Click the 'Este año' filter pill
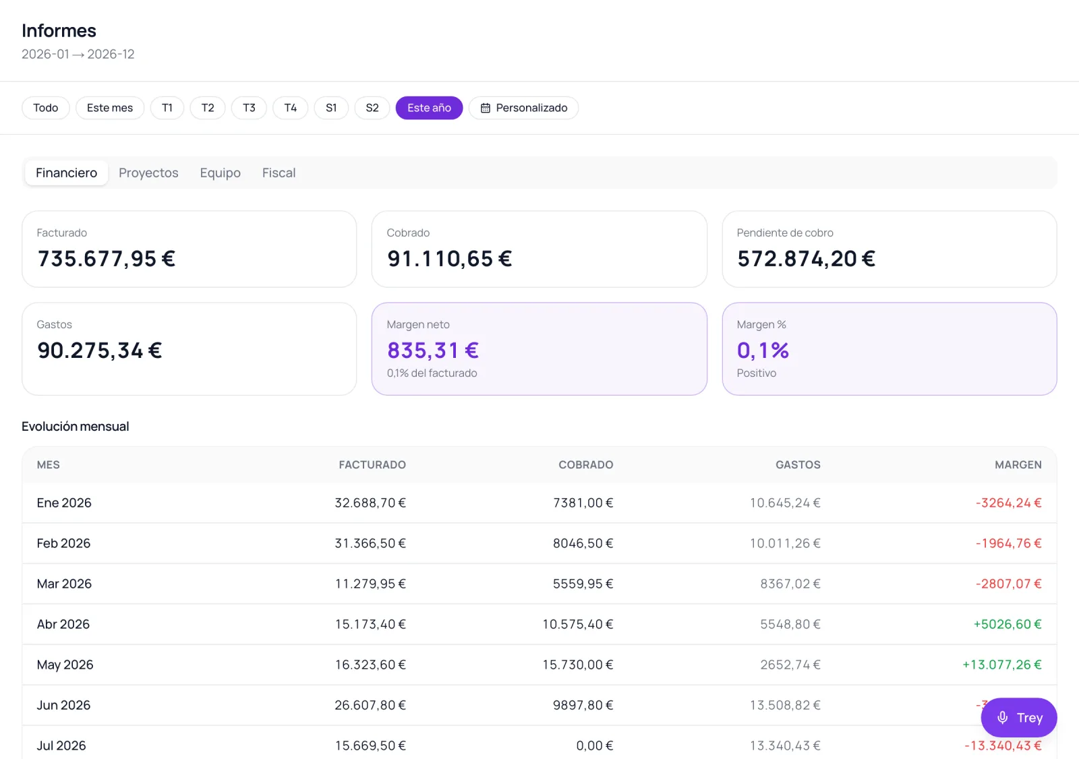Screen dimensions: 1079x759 (429, 107)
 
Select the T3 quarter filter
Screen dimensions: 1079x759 (249, 107)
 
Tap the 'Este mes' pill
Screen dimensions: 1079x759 (110, 107)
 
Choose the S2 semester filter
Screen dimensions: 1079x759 (372, 107)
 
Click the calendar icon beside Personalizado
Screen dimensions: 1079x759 (485, 108)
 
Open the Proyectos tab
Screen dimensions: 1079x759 (148, 173)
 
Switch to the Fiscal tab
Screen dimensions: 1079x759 (279, 173)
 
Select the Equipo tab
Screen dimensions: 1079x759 (220, 173)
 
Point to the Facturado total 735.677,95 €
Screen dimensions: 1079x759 (107, 258)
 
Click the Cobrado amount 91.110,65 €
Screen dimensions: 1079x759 (449, 258)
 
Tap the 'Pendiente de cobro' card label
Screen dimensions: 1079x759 (785, 233)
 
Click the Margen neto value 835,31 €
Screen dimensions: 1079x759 (432, 350)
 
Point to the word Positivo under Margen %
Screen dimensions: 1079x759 (756, 373)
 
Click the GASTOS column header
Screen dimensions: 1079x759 (798, 464)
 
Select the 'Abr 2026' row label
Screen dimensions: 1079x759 (63, 624)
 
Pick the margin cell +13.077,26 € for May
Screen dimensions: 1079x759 (1002, 664)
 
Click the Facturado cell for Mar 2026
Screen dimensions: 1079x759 (370, 583)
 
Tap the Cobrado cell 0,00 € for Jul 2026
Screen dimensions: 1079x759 (594, 745)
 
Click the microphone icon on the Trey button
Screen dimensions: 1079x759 (1002, 717)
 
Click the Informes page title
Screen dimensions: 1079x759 (59, 30)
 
